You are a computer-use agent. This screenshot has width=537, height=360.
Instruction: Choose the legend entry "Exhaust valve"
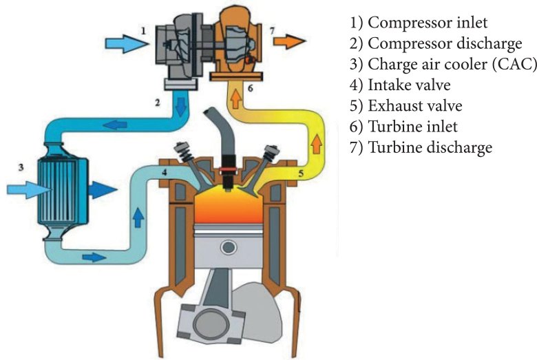tap(406, 107)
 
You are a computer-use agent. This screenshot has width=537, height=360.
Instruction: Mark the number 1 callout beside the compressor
tap(143, 30)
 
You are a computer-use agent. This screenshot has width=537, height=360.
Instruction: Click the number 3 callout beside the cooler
tap(21, 166)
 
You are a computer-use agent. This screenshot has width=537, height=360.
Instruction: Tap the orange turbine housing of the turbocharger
tap(237, 41)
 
